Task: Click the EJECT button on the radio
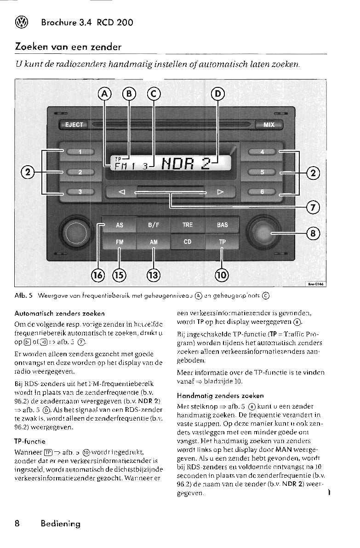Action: tap(74, 125)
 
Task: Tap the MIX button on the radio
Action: tap(269, 125)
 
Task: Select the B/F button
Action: tap(153, 225)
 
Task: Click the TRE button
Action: tap(188, 225)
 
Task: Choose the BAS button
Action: tap(222, 225)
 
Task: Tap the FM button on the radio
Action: tap(119, 242)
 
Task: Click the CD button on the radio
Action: tap(188, 241)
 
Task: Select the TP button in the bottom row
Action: tap(222, 242)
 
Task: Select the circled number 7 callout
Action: tap(313, 207)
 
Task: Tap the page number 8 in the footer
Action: tap(17, 523)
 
